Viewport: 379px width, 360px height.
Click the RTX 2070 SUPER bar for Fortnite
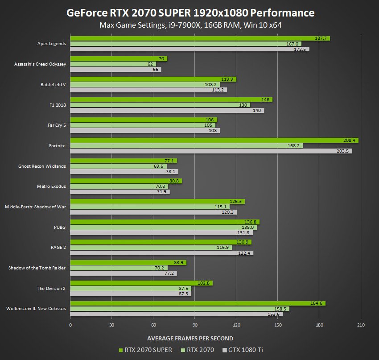tap(214, 141)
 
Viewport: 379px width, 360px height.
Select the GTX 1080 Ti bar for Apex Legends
tap(189, 49)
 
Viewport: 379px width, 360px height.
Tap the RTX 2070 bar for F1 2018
tap(160, 105)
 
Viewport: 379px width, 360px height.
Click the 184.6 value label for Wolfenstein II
tap(316, 303)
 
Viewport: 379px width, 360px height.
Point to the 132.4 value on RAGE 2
tap(246, 253)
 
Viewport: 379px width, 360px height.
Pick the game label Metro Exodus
tap(51, 186)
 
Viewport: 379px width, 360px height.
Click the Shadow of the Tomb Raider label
tap(37, 268)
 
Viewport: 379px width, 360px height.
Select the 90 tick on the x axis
tap(195, 325)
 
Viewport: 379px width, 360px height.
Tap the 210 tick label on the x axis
tap(361, 325)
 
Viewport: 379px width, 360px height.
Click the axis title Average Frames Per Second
tap(189, 338)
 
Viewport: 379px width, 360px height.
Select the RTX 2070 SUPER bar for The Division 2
tap(141, 283)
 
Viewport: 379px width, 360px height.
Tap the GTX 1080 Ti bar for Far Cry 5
tap(145, 131)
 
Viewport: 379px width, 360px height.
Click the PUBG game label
tap(59, 227)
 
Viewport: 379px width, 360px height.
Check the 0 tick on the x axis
tap(70, 325)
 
